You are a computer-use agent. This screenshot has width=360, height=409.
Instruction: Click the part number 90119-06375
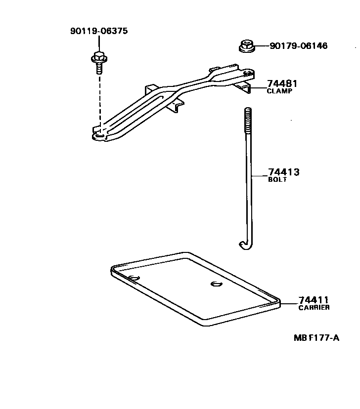pos(99,31)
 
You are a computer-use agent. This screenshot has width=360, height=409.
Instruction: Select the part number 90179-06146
pos(298,46)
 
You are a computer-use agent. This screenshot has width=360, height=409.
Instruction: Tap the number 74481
pos(282,83)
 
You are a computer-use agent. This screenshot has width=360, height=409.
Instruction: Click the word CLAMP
pos(280,91)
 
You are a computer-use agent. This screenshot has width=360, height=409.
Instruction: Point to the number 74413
pos(284,172)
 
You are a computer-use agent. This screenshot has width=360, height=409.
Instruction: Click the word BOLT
pos(277,180)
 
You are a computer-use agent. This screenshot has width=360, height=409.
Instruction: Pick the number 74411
pos(314,300)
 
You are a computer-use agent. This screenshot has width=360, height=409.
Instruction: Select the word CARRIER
pos(314,308)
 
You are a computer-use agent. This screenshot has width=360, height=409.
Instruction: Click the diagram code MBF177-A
pos(316,338)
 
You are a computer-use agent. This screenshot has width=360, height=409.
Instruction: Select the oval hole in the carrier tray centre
pos(216,284)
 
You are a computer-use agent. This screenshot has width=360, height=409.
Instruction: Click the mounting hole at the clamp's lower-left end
pos(99,134)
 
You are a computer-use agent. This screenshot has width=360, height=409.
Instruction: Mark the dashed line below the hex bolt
pos(99,99)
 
